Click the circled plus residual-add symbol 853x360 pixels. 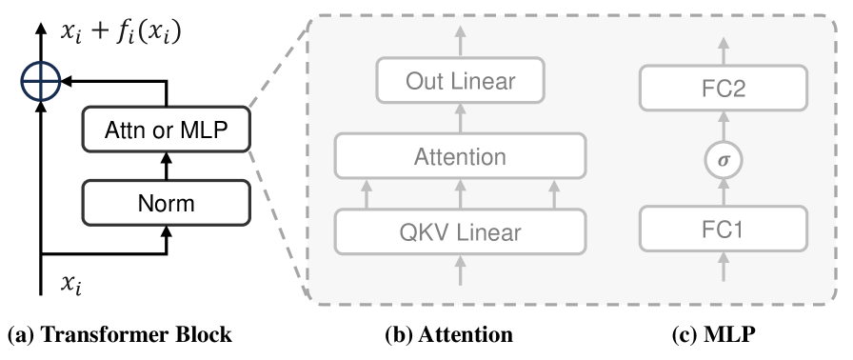pos(39,84)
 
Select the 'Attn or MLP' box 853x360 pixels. pos(167,130)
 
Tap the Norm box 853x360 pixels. pos(167,201)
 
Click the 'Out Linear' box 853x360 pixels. pos(460,80)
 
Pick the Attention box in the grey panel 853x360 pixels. pos(460,155)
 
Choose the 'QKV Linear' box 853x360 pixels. pos(460,230)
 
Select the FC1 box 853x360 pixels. pos(724,230)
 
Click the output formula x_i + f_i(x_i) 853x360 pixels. pos(120,32)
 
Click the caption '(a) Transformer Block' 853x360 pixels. pos(119,335)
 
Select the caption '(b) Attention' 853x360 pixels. pos(448,335)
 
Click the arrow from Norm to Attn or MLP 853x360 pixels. pos(167,166)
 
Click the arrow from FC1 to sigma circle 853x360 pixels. pos(724,194)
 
